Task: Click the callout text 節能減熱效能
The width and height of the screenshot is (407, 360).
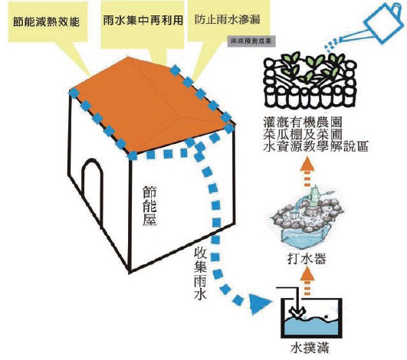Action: (44, 18)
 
